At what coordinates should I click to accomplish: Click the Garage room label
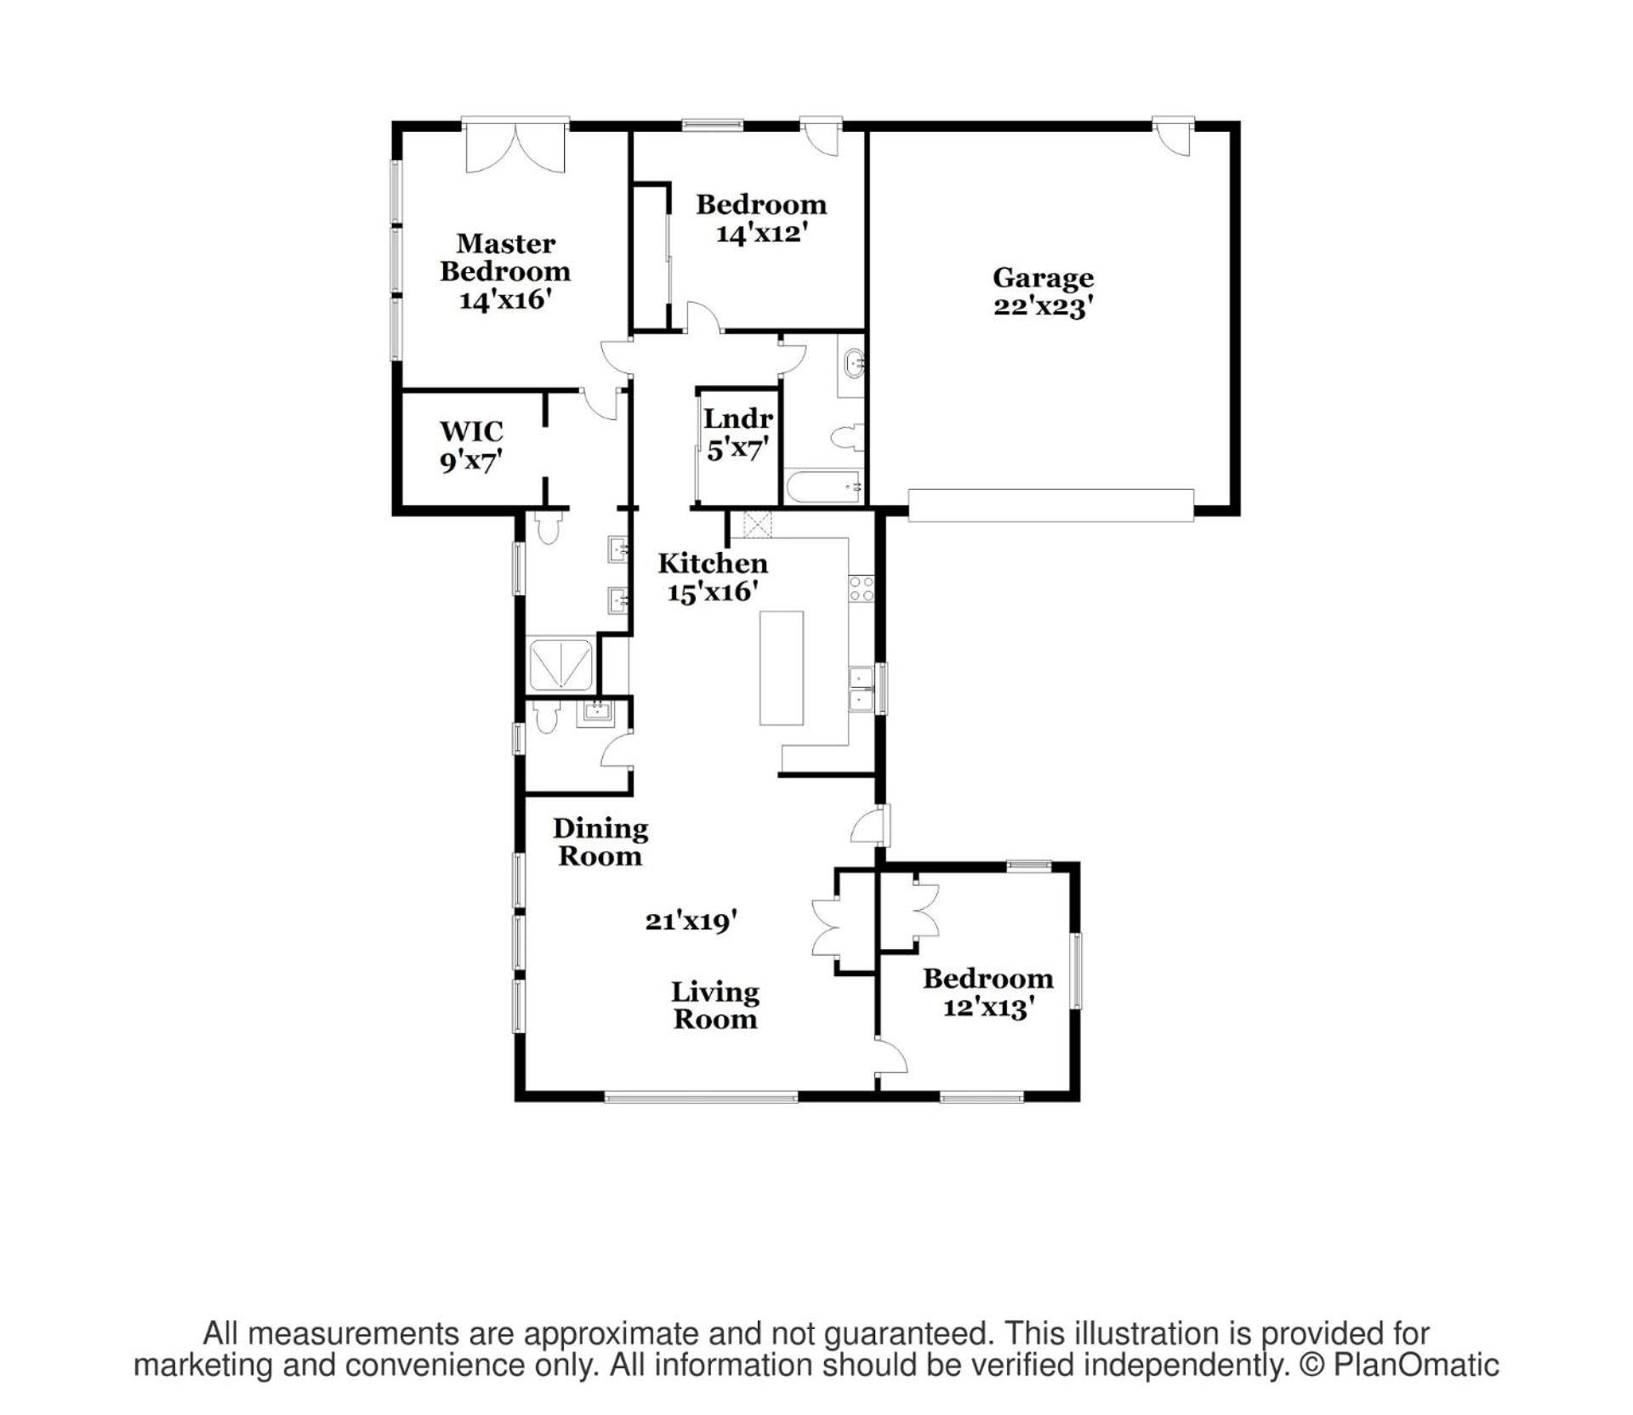[1043, 277]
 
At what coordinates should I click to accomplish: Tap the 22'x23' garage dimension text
[1043, 306]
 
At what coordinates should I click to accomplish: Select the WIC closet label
[471, 431]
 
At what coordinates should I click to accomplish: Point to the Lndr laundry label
[737, 418]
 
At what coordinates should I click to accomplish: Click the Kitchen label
[713, 563]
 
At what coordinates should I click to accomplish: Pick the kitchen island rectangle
[782, 668]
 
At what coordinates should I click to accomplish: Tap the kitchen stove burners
[861, 588]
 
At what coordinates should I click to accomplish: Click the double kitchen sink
[862, 688]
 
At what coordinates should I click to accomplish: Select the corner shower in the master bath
[560, 665]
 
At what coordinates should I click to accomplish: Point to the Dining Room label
[600, 842]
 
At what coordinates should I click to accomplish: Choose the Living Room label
[715, 1005]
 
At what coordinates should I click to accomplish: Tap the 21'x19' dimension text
[691, 920]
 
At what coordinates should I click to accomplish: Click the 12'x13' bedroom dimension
[988, 1007]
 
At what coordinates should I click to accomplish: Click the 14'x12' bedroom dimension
[760, 232]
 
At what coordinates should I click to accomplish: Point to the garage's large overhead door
[1051, 504]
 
